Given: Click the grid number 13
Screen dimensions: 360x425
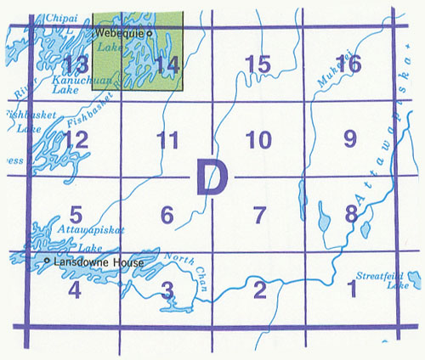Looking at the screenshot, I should pyautogui.click(x=76, y=64).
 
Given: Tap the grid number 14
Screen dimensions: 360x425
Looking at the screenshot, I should pyautogui.click(x=168, y=64).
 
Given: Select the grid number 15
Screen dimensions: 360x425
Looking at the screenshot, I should pyautogui.click(x=257, y=63).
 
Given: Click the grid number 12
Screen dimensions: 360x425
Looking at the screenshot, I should pyautogui.click(x=76, y=141).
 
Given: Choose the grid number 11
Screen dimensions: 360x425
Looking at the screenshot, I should pyautogui.click(x=168, y=141).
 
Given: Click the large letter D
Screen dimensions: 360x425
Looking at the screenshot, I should pyautogui.click(x=212, y=179).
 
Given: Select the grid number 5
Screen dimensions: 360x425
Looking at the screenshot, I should pyautogui.click(x=76, y=216).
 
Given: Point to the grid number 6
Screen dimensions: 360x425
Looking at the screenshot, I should pyautogui.click(x=167, y=216).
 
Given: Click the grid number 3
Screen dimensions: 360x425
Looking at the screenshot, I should pyautogui.click(x=167, y=291).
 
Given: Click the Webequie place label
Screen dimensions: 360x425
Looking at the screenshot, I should pyautogui.click(x=120, y=32).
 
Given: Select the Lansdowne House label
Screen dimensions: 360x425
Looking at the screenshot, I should pyautogui.click(x=99, y=263).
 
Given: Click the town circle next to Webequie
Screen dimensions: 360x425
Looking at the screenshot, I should pyautogui.click(x=150, y=32).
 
